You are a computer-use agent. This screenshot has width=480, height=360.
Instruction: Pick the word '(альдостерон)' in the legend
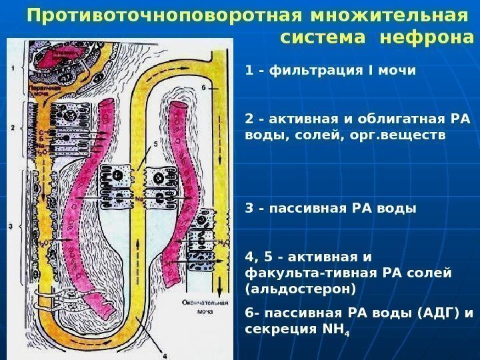tap(301, 289)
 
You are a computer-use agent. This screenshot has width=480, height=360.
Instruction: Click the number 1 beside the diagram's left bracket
tap(13, 67)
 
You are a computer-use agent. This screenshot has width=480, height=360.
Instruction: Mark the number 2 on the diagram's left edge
tap(13, 127)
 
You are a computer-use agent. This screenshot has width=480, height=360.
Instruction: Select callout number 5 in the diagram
tap(155, 143)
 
